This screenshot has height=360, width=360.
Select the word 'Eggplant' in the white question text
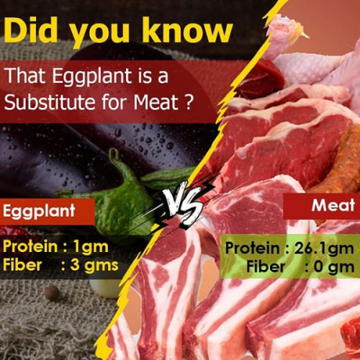92,76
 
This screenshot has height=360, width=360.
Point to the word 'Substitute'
50,102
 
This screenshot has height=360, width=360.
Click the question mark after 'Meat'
189,102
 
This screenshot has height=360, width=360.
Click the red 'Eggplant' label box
48,212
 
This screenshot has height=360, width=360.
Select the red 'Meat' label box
322,206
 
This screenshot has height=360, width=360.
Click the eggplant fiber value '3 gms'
94,265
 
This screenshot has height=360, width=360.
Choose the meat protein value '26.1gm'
324,248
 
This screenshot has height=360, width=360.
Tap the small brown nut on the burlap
53,293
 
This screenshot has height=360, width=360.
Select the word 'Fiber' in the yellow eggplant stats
22,265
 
